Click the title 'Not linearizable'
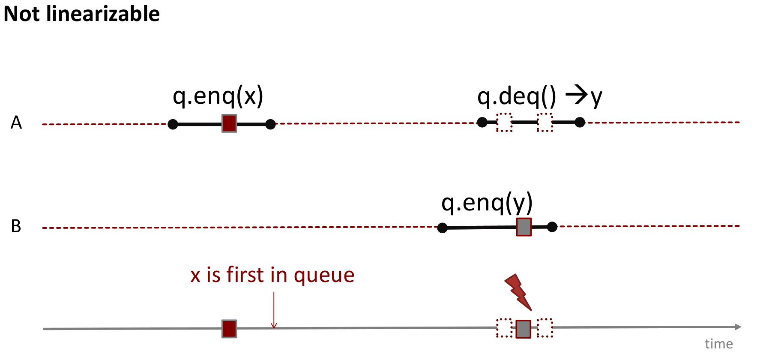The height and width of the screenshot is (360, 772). coord(81,14)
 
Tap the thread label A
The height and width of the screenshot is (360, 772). coord(16,123)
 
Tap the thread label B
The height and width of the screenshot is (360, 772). coord(16,226)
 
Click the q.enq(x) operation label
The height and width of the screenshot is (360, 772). coord(218,96)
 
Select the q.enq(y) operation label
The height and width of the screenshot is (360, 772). coord(487,202)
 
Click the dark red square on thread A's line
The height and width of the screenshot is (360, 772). coord(229,123)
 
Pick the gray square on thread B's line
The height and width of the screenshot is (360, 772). coord(524,227)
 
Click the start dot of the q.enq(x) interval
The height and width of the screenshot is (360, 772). coord(173,124)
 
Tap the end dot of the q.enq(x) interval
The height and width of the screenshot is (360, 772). coord(270,124)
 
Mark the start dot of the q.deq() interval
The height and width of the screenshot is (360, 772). coord(482,123)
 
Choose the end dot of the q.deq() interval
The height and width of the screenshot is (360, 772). coord(580,123)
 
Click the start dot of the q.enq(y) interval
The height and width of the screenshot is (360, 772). coord(443,228)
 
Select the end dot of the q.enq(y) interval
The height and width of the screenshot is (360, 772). coord(552,227)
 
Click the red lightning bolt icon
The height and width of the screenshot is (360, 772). coord(519,292)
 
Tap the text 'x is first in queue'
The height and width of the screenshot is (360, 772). coord(272,275)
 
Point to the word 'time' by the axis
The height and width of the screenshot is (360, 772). coord(718,344)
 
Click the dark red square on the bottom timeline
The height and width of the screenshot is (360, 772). coord(229,329)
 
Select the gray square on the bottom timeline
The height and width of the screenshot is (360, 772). coord(524,329)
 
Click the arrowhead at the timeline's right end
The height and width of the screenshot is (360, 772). coord(738,327)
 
